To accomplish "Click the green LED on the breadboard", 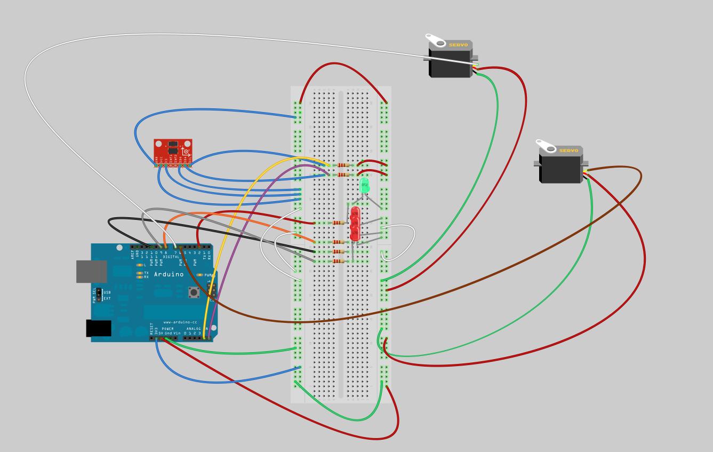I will click(365, 185).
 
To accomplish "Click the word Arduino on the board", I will click(169, 274).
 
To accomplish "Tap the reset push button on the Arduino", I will click(193, 292).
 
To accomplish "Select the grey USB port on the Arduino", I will click(84, 271).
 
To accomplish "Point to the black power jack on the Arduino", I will click(99, 328).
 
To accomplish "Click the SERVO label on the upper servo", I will click(458, 45).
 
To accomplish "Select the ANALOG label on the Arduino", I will click(193, 329).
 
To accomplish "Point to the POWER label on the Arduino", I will click(167, 329).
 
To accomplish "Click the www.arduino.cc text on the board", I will click(174, 322).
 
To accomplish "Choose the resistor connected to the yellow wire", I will click(343, 165).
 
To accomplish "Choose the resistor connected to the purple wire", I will click(343, 175).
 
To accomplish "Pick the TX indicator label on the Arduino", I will click(146, 273).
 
